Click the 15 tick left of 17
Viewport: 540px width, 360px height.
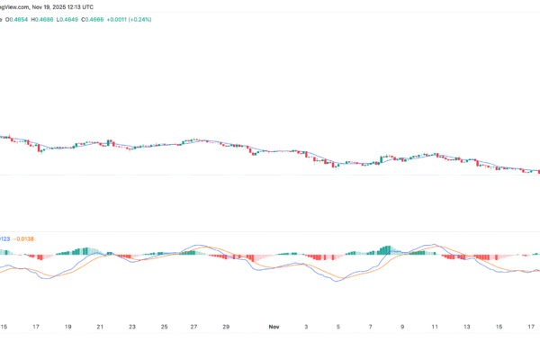click(x=5, y=328)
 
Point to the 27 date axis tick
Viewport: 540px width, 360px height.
click(x=194, y=328)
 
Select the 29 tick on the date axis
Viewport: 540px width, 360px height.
click(x=226, y=328)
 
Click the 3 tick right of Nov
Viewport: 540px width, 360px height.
click(x=306, y=328)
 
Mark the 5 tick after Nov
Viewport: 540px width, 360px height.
click(x=337, y=328)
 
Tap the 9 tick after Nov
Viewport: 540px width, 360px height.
click(x=402, y=328)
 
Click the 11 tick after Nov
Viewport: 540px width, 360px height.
click(x=434, y=328)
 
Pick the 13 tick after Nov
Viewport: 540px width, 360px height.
click(x=466, y=328)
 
